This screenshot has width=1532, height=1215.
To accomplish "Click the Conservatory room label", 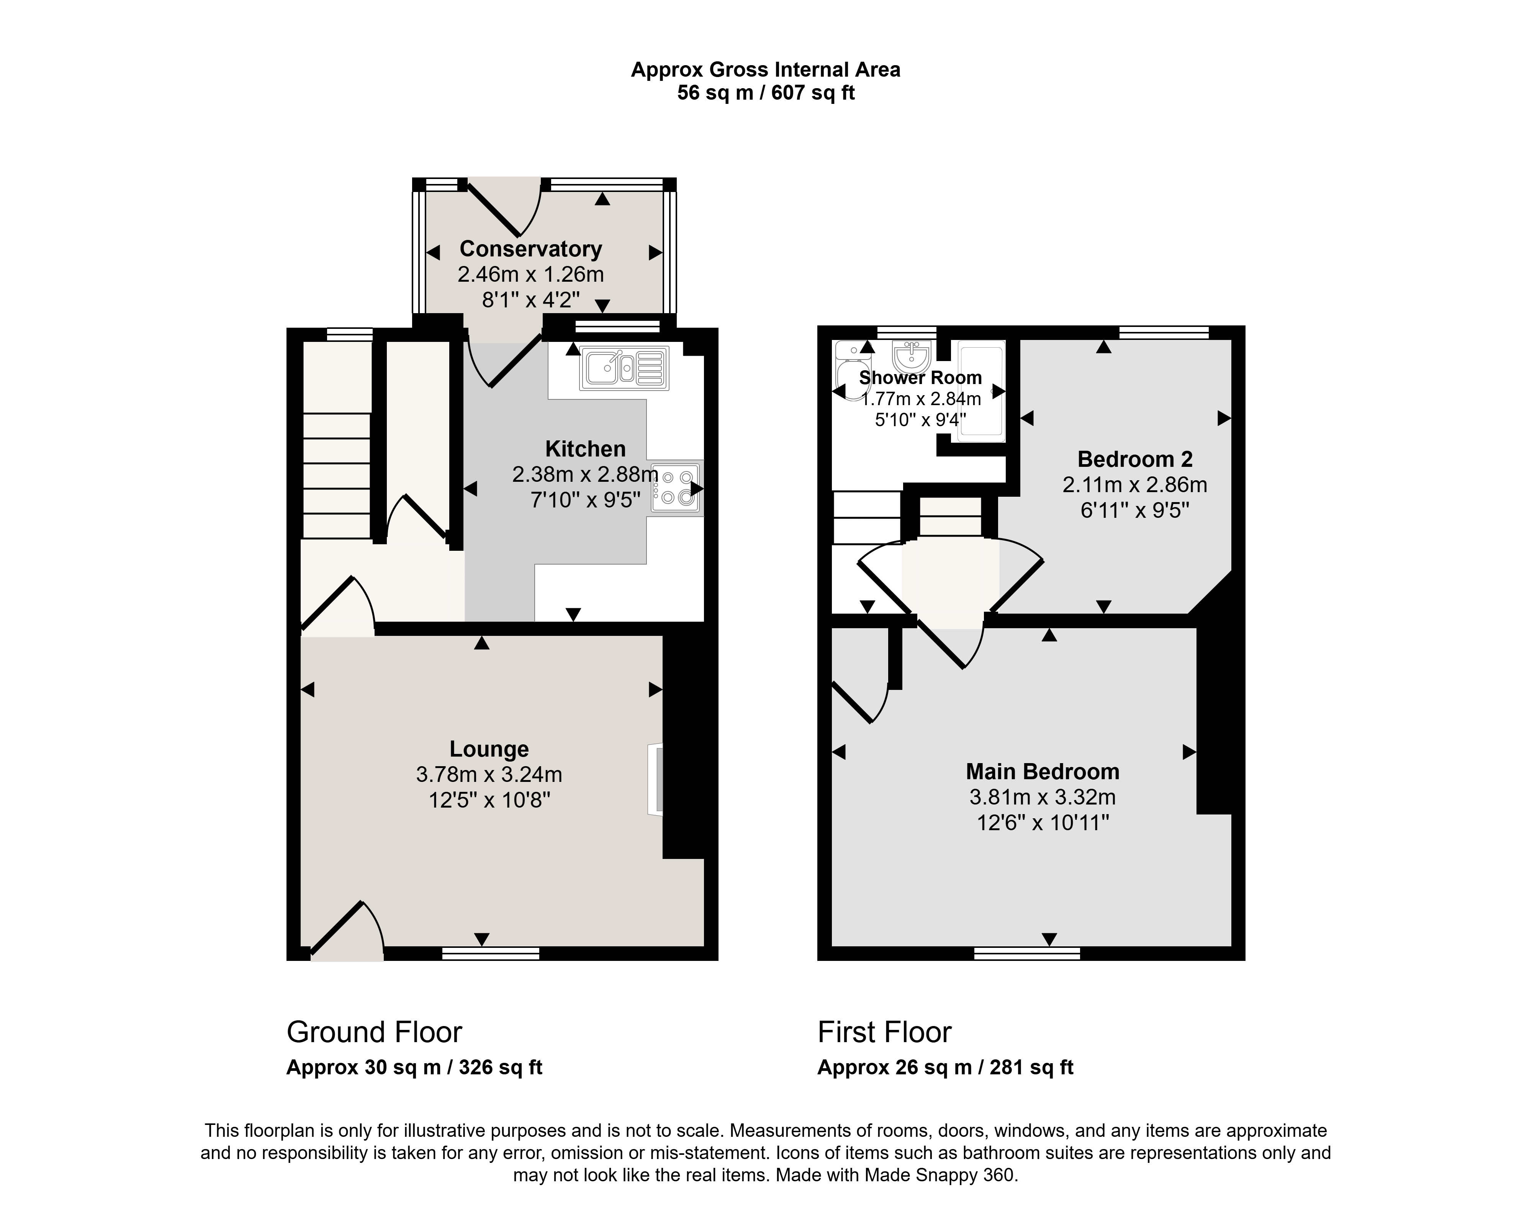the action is point(531,249).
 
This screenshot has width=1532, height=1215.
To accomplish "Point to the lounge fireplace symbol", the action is point(655,779).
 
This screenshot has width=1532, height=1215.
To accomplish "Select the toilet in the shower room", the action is point(848,370).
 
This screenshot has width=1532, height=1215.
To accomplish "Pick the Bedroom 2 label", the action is point(1135,459).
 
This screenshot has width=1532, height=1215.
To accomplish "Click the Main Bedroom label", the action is point(1043,772).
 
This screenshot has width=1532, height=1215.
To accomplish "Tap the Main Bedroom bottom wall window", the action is point(1027,953).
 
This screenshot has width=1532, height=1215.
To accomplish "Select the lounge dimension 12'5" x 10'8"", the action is point(489,801).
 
